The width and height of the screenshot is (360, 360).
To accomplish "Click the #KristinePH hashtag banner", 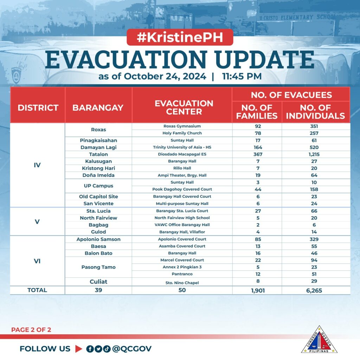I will pos(180,38).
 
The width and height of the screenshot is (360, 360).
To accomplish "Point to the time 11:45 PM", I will pos(242,76).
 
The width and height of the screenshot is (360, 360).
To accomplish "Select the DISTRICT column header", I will pos(38,108).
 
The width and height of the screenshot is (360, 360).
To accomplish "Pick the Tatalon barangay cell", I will pos(98,154).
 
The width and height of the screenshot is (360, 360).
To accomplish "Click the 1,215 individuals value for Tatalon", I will pos(314,154).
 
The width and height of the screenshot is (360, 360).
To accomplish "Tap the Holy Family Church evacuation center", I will pos(182,133).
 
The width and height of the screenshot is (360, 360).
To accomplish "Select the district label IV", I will pos(37,165).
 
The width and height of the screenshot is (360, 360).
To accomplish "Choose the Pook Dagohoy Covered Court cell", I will pos(182,189).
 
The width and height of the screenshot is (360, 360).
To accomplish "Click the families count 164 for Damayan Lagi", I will pos(258,147).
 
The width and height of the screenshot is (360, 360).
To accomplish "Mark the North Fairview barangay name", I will pos(98,218).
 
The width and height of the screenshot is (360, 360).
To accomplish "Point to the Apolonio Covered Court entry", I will pos(182,239).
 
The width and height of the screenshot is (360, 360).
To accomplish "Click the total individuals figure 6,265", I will pos(314,290).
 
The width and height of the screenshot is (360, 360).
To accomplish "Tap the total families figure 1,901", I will pos(258,290).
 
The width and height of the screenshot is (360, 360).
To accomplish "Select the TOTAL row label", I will pos(37,290).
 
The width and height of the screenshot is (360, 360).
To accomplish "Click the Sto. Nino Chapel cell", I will pos(182,282).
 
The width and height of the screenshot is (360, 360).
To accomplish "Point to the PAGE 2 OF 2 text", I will pos(31,330).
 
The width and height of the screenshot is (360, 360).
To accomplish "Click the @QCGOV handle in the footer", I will pos(132,349).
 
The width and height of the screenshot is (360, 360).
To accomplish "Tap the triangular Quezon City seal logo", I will pos(319,340).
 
